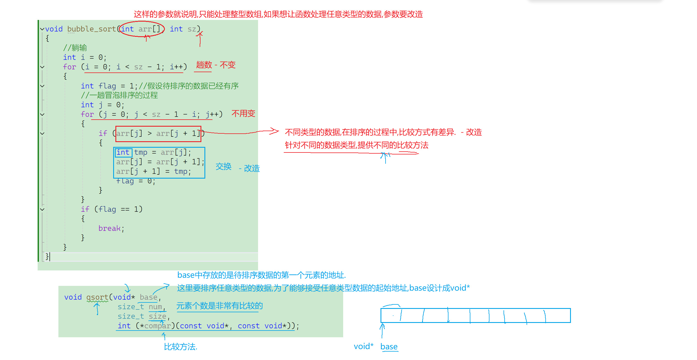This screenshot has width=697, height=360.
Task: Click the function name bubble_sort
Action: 92,29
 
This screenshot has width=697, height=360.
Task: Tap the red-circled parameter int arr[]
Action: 141,29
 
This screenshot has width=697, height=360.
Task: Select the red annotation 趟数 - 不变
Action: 216,65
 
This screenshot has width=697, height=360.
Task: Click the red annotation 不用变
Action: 243,113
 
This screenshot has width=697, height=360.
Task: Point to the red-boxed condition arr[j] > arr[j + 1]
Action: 158,134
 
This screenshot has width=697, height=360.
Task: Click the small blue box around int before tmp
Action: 123,152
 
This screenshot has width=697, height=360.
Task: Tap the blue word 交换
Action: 224,167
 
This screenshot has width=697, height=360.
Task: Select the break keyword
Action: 110,228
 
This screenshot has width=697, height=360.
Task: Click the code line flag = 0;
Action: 136,181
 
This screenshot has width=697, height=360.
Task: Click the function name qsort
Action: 97,297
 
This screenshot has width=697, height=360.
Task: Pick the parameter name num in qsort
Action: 155,307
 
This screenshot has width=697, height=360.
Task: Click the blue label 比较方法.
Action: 181,347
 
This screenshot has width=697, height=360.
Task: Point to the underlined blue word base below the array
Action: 389,347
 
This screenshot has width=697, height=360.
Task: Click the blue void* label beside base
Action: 364,347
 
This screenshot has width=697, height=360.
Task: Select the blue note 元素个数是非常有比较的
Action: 220,306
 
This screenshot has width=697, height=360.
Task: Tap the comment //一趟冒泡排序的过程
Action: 119,95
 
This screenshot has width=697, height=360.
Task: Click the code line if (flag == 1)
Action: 111,209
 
